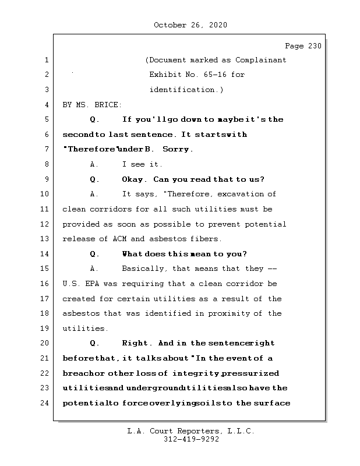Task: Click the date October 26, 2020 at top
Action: pyautogui.click(x=190, y=25)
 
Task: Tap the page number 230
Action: pyautogui.click(x=313, y=46)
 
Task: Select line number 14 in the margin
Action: pyautogui.click(x=45, y=254)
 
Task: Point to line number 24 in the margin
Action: pyautogui.click(x=45, y=403)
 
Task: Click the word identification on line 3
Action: pyautogui.click(x=183, y=90)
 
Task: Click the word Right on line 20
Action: pyautogui.click(x=135, y=344)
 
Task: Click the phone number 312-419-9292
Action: pyautogui.click(x=190, y=440)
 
